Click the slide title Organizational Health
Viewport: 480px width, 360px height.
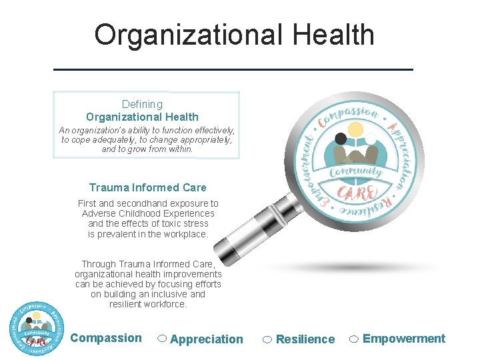[234, 35]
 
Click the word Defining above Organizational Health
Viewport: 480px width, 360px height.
[142, 104]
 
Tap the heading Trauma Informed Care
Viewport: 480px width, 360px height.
[147, 187]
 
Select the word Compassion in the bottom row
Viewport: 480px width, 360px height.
[106, 338]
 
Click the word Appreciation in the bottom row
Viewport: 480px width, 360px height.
[207, 339]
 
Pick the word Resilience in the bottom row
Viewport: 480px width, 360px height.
[305, 339]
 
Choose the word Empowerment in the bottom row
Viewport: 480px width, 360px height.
[404, 339]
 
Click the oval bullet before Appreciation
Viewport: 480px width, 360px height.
[162, 339]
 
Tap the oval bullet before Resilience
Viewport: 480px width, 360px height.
[267, 339]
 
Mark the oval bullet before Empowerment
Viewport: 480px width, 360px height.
[354, 339]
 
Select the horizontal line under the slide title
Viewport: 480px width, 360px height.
[233, 69]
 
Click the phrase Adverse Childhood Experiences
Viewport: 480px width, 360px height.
[148, 213]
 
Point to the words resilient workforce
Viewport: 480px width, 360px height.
[148, 304]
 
